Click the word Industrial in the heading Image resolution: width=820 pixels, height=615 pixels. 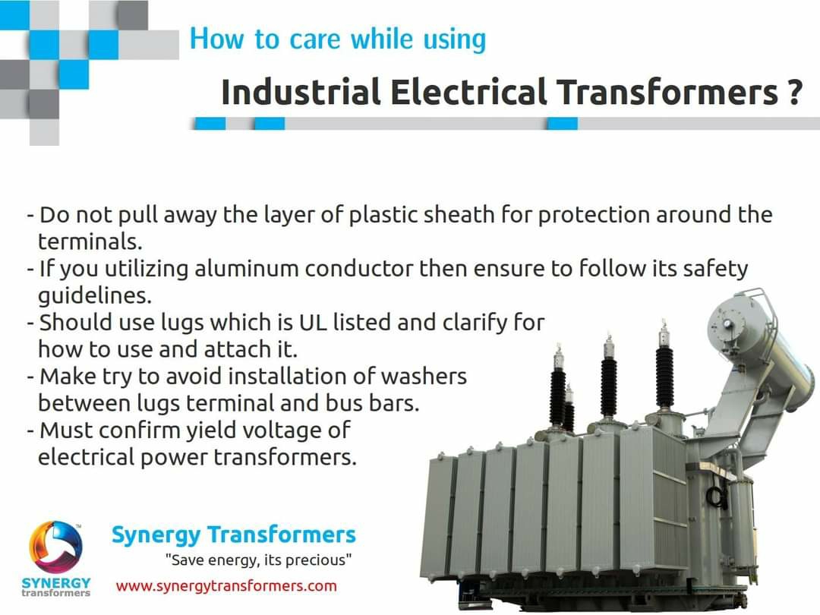pos(301,92)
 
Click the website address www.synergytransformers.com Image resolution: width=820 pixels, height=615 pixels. pos(226,585)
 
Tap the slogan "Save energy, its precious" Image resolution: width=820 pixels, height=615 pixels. pos(259,561)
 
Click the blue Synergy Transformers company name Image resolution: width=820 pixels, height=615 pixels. pos(234,535)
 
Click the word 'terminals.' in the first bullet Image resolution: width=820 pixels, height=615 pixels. pos(90,241)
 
